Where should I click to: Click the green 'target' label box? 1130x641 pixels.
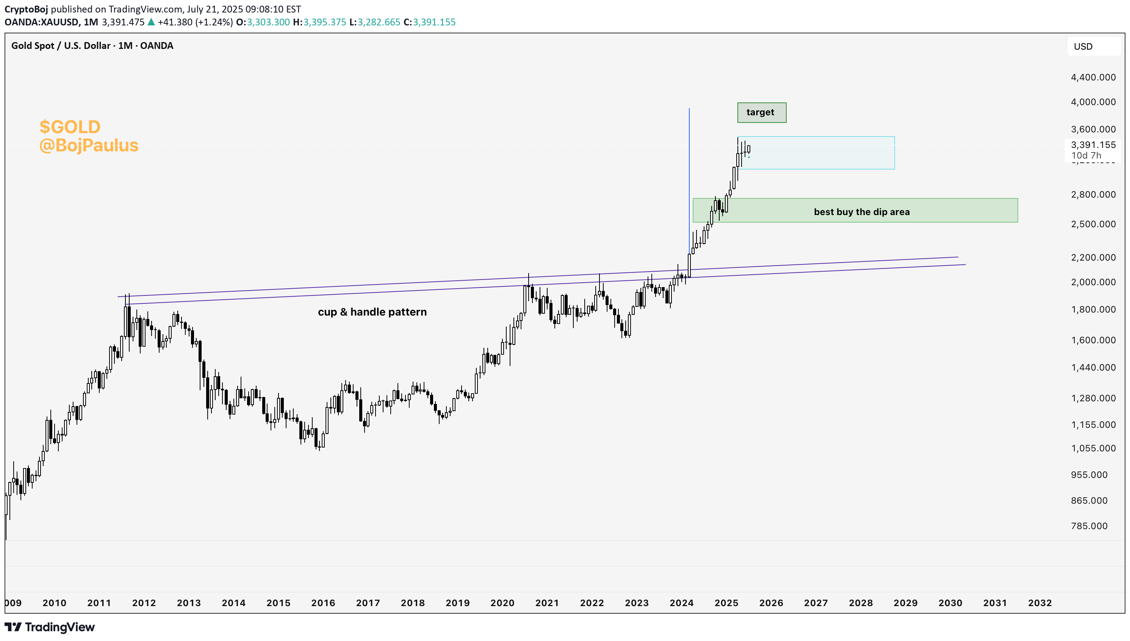point(761,112)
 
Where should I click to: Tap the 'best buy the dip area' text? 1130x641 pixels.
point(861,212)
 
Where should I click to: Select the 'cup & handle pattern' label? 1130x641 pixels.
point(372,312)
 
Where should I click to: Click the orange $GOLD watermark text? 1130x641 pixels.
point(70,127)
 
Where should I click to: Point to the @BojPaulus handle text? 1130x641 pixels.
point(89,146)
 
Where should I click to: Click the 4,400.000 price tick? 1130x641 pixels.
point(1092,77)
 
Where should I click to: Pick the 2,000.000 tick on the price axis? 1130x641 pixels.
point(1092,282)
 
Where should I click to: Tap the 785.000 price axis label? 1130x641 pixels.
point(1089,526)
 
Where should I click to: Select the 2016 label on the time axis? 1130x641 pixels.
point(323,603)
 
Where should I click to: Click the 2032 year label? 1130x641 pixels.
point(1039,603)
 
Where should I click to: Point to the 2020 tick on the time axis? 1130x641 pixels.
point(502,603)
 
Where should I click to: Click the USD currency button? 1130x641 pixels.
point(1083,47)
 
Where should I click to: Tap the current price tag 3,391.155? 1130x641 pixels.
point(1092,145)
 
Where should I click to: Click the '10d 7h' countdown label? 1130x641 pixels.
point(1086,156)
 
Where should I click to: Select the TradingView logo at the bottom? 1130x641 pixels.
point(50,627)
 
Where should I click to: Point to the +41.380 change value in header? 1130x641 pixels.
point(175,22)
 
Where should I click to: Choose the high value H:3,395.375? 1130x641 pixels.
point(319,22)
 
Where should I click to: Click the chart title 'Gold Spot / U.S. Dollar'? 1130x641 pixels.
point(61,46)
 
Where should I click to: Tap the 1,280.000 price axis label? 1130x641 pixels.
point(1092,398)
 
